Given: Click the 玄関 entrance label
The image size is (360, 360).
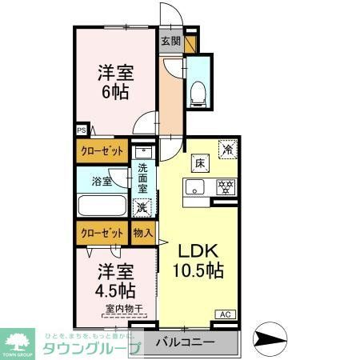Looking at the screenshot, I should coord(170,42).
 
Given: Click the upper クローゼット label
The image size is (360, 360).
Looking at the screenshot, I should coord(102,150).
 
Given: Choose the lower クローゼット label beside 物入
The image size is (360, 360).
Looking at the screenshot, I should coord(102,233).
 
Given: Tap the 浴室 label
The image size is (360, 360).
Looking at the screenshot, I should coord(101,182).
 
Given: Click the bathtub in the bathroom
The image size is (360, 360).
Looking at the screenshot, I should coord(102,206).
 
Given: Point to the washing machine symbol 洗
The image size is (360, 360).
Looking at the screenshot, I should coord(141,207).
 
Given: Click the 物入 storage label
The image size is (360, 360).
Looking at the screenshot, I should coord(142,233).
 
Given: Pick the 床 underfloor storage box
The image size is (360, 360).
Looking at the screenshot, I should coord(197,163).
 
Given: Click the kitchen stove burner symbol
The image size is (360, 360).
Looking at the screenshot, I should coord(226,188).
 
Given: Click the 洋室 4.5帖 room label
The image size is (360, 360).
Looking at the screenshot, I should coord(116,278).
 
